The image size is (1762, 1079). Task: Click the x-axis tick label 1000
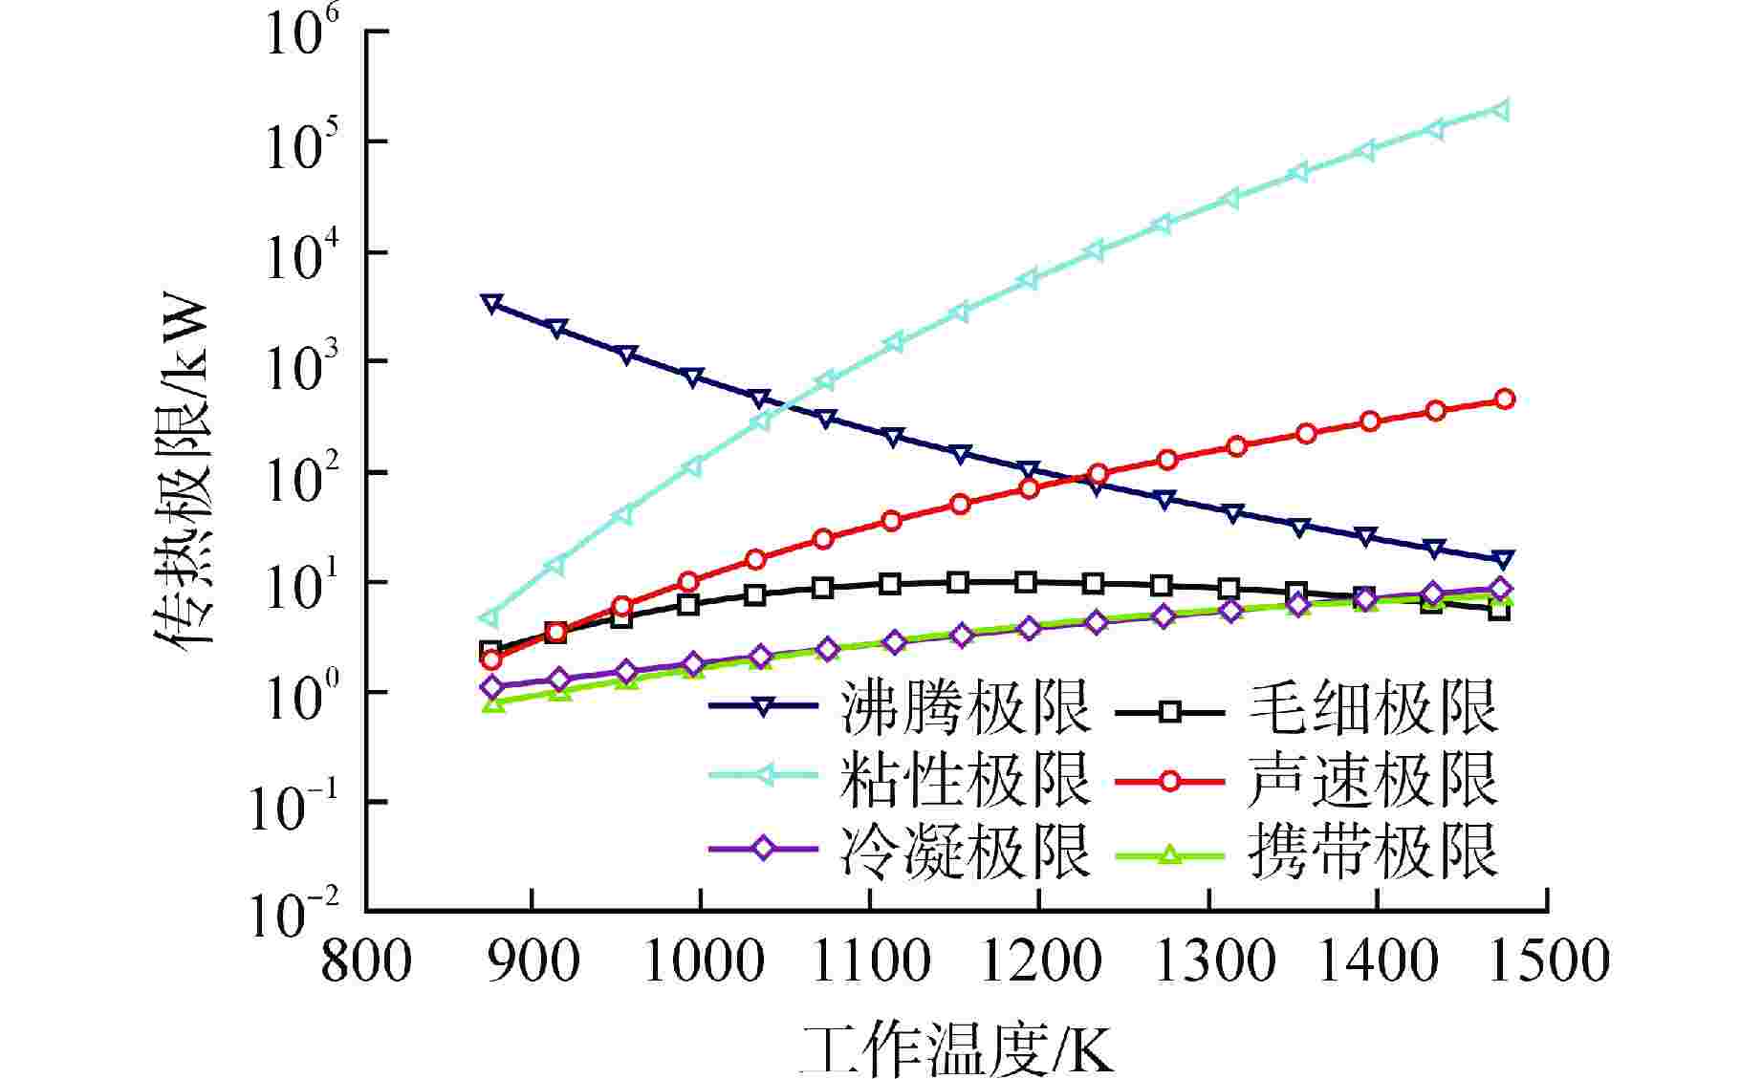[x=701, y=960]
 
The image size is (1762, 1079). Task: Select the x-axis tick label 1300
[x=1208, y=960]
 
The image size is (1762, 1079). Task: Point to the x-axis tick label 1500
[x=1545, y=960]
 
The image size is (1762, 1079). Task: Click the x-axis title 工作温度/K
[x=956, y=1050]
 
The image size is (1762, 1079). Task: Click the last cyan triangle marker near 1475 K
[x=1502, y=109]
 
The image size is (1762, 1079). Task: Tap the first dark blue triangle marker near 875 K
[x=492, y=304]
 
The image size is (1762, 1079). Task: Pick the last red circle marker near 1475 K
[x=1504, y=399]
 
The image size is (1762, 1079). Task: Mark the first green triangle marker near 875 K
[x=493, y=704]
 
